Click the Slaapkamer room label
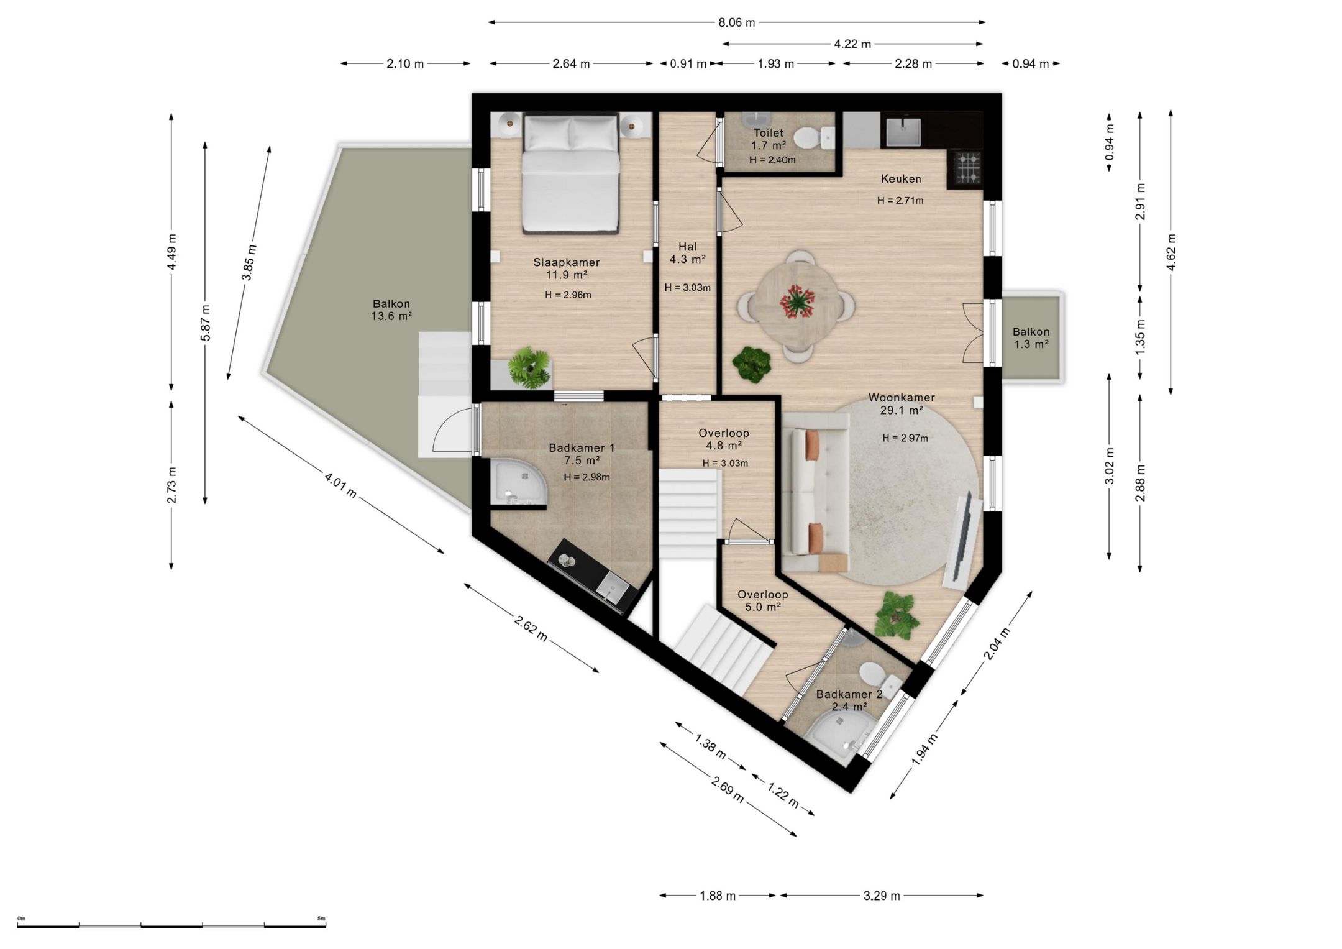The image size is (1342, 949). tap(566, 268)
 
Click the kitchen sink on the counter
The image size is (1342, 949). tap(903, 131)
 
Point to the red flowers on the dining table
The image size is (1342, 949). tap(796, 302)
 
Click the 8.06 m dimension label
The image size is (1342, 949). tap(737, 23)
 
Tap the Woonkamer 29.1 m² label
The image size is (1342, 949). tap(901, 403)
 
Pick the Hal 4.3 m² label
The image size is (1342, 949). tap(687, 253)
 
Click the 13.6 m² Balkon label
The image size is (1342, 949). tap(391, 310)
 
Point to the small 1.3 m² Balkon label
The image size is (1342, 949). tap(1031, 338)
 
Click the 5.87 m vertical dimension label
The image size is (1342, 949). tap(206, 322)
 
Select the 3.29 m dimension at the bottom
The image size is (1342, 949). tap(882, 896)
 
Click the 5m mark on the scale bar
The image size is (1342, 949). tap(321, 918)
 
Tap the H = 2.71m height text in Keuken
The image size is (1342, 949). tap(900, 201)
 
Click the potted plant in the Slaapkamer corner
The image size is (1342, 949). tap(529, 369)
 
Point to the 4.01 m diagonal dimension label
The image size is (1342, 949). tap(340, 485)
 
